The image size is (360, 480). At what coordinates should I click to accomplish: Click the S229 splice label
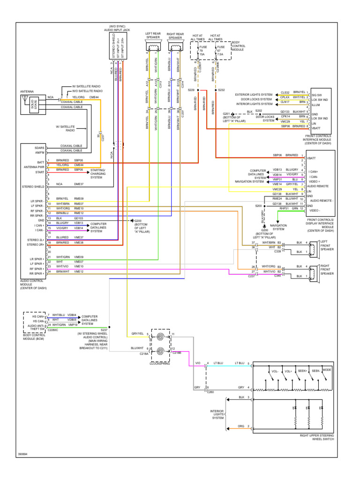191,90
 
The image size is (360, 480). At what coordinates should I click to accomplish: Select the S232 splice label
222,90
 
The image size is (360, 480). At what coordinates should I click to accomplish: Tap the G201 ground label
226,113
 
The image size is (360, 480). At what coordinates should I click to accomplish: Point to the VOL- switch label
275,371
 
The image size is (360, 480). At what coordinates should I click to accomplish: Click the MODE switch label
326,370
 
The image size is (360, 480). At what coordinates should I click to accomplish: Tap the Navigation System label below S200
278,227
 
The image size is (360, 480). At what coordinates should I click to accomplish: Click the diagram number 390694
23,454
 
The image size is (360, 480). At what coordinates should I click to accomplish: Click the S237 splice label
104,330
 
